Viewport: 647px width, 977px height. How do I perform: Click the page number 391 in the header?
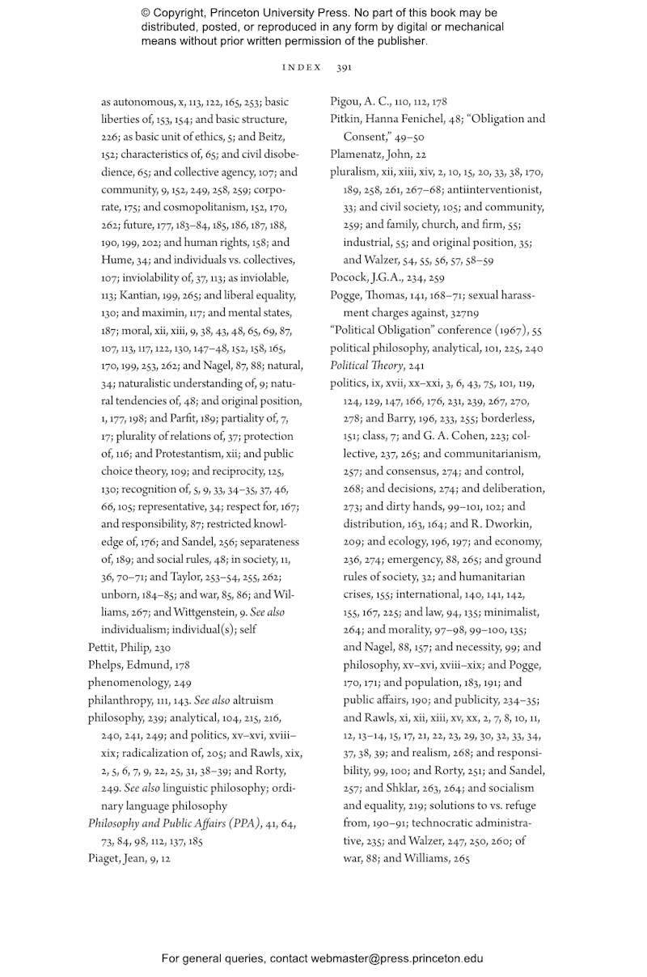344,68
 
